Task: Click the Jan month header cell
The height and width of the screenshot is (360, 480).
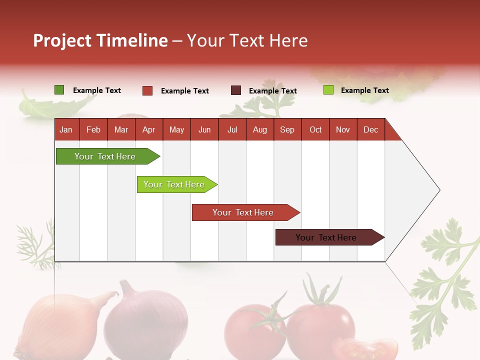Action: [x=66, y=129]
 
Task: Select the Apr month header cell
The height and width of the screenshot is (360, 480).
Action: [x=149, y=129]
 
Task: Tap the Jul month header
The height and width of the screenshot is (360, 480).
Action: [x=232, y=129]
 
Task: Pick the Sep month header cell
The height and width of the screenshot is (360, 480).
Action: [x=287, y=129]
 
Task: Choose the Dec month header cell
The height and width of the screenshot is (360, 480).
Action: [x=370, y=129]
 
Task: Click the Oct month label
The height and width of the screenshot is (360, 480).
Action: [x=315, y=129]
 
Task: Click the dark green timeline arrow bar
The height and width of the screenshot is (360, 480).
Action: [x=105, y=156]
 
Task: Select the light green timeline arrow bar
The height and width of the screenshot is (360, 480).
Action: [x=174, y=184]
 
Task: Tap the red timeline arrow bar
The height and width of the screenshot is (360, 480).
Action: [x=243, y=212]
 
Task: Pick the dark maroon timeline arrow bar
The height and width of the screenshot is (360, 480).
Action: [x=326, y=237]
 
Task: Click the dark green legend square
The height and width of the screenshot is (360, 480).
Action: [x=59, y=90]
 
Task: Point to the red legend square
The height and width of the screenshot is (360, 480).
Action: [x=147, y=90]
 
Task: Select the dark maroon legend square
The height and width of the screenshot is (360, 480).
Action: [x=236, y=90]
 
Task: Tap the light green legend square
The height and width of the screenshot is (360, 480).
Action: [x=328, y=90]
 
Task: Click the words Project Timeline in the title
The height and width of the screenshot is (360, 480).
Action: [x=100, y=40]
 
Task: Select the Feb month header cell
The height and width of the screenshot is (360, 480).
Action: [x=93, y=129]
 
